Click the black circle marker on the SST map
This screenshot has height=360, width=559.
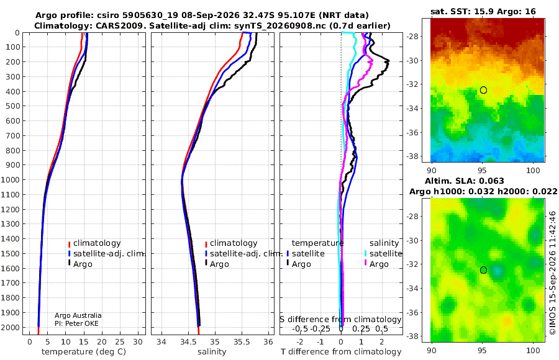(483, 90)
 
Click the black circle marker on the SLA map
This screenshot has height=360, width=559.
(483, 270)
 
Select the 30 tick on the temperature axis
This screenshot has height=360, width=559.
(138, 342)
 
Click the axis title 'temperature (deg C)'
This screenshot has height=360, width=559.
(84, 352)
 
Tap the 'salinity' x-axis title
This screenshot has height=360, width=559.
(212, 352)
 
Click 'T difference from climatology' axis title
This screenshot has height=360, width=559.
(341, 352)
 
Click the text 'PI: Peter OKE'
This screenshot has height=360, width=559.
(76, 323)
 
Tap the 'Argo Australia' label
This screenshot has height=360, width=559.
(78, 315)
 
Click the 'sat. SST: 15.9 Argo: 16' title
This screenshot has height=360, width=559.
(483, 11)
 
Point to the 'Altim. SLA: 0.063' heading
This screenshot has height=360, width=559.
(464, 181)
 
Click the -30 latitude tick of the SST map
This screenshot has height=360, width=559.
(413, 61)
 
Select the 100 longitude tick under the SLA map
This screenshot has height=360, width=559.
(533, 350)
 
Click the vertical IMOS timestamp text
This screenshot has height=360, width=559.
(553, 272)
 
